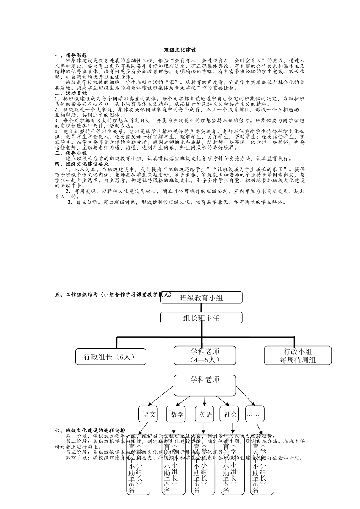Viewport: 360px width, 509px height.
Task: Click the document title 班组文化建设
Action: tap(180, 50)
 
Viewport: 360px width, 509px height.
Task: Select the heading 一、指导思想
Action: tap(71, 55)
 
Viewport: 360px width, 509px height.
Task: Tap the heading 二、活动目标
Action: tap(71, 93)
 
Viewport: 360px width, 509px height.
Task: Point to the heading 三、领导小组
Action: tap(71, 153)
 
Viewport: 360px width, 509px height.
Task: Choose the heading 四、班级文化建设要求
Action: tap(82, 164)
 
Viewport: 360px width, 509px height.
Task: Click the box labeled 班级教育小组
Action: tap(201, 298)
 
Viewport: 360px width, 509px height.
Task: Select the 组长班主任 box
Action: tap(201, 318)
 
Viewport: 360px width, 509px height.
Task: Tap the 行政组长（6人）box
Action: tap(110, 356)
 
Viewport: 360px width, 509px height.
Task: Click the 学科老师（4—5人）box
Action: tap(205, 356)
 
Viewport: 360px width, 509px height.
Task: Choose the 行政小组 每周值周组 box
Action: tap(297, 356)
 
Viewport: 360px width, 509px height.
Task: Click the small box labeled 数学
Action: tap(177, 414)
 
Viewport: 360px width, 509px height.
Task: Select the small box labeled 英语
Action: tap(205, 414)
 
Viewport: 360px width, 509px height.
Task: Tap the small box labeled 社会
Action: tap(230, 414)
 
